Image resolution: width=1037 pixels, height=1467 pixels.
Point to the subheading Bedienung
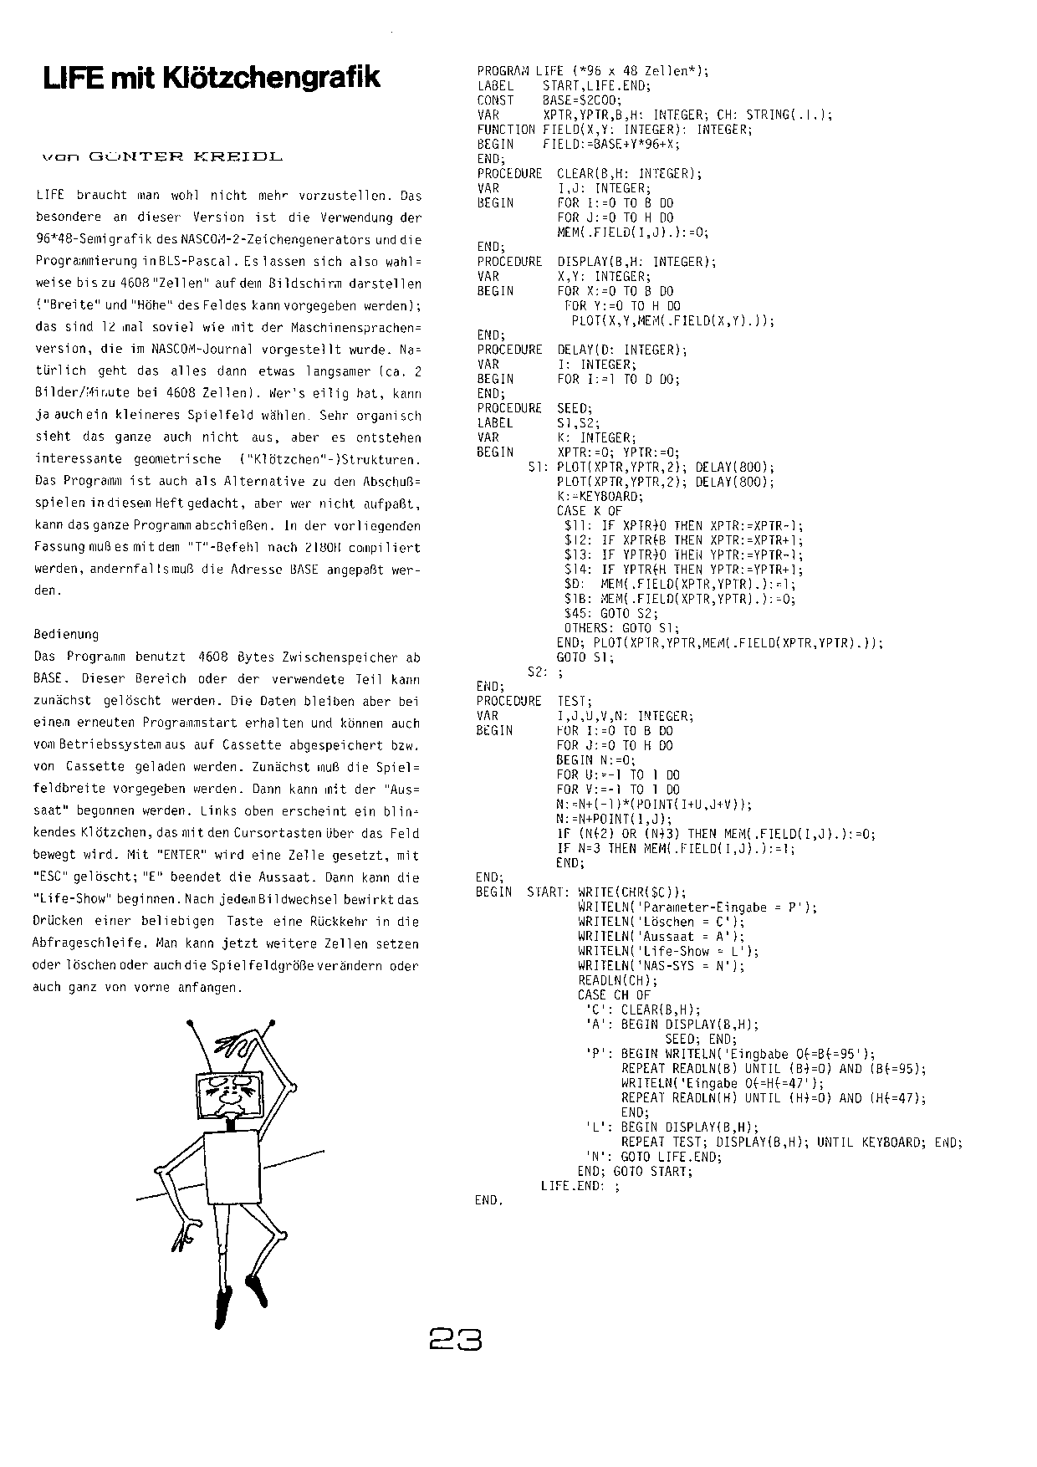point(66,634)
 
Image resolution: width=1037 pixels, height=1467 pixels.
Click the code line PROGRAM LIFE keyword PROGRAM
point(500,71)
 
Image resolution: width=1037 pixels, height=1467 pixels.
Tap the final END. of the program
point(489,1201)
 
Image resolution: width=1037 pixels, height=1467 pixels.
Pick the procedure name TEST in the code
point(575,701)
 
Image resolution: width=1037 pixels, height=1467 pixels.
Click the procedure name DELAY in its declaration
point(576,350)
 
